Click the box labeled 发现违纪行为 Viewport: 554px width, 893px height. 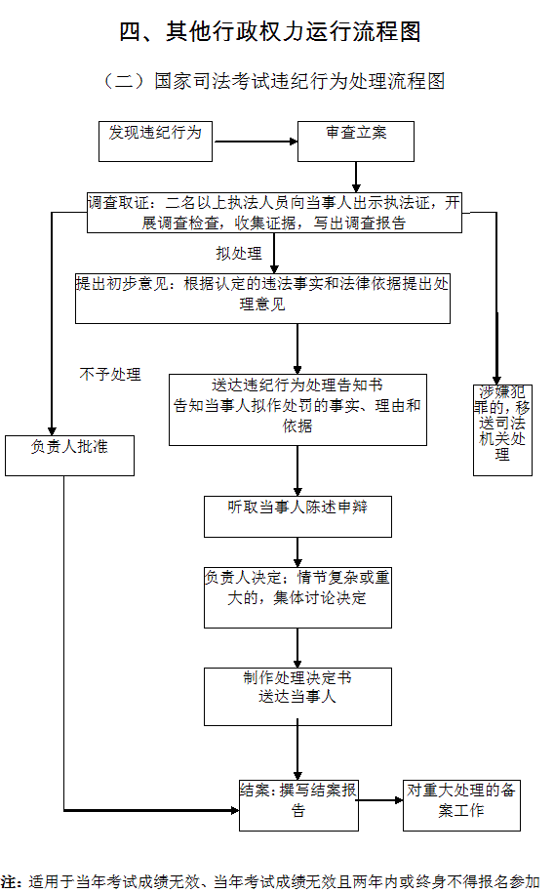pyautogui.click(x=155, y=142)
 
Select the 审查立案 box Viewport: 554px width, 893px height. pyautogui.click(x=356, y=142)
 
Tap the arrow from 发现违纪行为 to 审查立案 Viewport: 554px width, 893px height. pyautogui.click(x=256, y=142)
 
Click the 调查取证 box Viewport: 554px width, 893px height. pyautogui.click(x=274, y=213)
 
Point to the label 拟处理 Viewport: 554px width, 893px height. pyautogui.click(x=239, y=254)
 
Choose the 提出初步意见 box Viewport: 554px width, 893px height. pyautogui.click(x=262, y=299)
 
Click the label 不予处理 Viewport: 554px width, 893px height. pyautogui.click(x=110, y=374)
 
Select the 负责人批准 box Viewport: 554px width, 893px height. pyautogui.click(x=69, y=456)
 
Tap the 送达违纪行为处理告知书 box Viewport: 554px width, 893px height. pyautogui.click(x=297, y=410)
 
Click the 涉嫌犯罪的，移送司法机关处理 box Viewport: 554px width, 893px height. pyautogui.click(x=502, y=430)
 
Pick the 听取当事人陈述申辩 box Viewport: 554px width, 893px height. pyautogui.click(x=297, y=516)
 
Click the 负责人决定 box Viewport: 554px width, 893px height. pyautogui.click(x=297, y=597)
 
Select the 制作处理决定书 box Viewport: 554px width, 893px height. pyautogui.click(x=297, y=697)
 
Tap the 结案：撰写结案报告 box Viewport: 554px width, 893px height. pyautogui.click(x=298, y=805)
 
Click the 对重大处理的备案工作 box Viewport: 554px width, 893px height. pyautogui.click(x=461, y=805)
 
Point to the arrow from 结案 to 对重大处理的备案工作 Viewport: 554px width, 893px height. pyautogui.click(x=380, y=800)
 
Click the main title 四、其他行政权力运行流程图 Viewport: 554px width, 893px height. pyautogui.click(x=270, y=32)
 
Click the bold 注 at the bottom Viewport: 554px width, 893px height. pyautogui.click(x=8, y=881)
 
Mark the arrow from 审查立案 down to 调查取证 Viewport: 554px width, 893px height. pyautogui.click(x=356, y=177)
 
